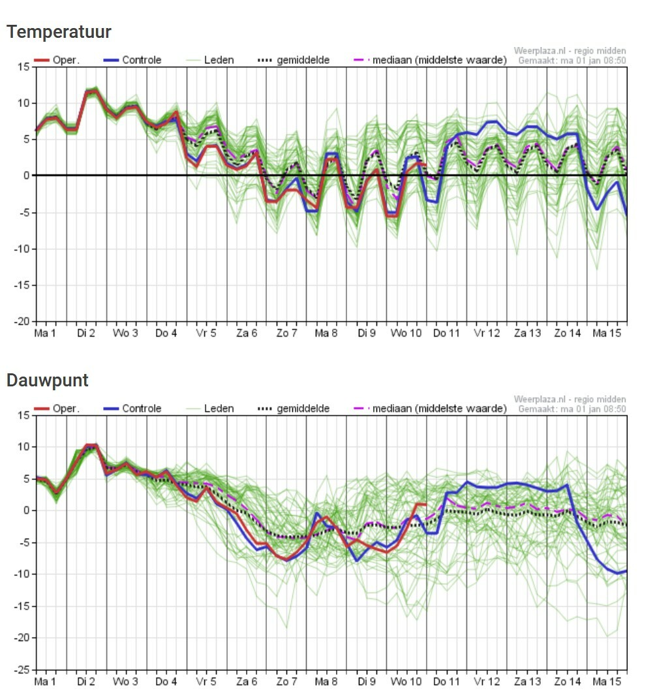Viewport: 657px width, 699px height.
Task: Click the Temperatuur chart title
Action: [x=59, y=31]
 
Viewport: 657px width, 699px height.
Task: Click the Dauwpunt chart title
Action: [x=48, y=381]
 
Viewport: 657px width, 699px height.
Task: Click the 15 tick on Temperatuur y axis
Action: [x=24, y=67]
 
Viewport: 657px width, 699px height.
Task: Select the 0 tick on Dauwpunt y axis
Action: [x=27, y=510]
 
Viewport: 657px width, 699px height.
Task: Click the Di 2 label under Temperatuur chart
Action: [x=85, y=334]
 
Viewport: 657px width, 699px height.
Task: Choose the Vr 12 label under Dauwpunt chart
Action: [x=486, y=682]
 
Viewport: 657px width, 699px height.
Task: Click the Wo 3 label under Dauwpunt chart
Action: [x=125, y=682]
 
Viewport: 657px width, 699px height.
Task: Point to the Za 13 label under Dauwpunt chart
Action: [x=527, y=682]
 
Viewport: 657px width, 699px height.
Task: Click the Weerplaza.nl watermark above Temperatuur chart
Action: [x=570, y=51]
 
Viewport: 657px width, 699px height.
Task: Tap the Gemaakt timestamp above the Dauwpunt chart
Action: [x=572, y=409]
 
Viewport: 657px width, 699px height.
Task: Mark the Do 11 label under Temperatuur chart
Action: [x=446, y=334]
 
